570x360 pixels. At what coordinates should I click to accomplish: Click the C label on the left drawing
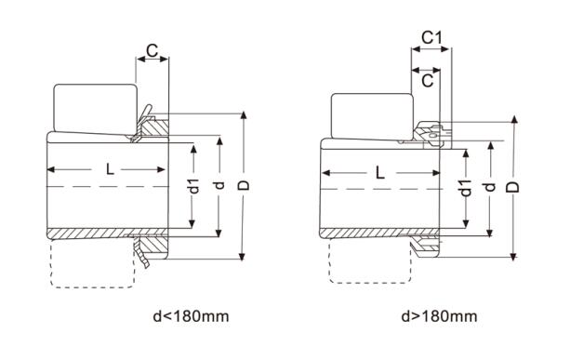pos(152,51)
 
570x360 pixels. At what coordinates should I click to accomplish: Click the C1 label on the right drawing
pos(431,37)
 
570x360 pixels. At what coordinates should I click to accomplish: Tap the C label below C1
pos(428,81)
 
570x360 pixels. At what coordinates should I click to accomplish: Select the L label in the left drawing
pos(110,169)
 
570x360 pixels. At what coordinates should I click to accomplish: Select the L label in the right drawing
pos(380,172)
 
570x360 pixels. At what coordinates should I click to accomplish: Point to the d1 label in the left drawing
pos(195,186)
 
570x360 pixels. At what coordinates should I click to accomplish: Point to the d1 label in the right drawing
pos(466,188)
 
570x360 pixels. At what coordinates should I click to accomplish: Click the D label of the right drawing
pos(513,187)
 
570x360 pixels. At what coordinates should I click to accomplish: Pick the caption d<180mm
pos(191,316)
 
